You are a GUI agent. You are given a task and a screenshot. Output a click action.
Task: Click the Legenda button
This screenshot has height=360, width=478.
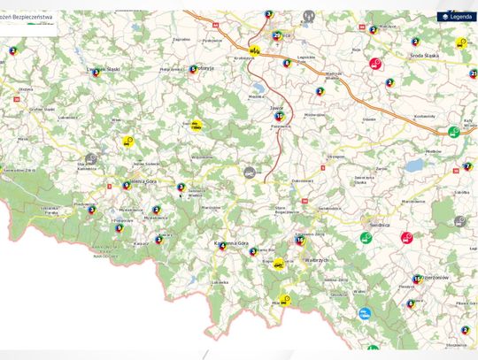point(456,17)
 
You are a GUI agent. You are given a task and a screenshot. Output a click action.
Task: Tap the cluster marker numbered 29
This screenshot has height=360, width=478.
point(277,36)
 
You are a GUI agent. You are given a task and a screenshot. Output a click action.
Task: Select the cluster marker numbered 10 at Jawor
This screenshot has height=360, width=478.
point(280,116)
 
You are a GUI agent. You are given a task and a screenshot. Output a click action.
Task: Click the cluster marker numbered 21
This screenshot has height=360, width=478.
point(474,73)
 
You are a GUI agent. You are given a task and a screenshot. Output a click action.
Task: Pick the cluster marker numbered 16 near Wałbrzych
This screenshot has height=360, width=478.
point(300,240)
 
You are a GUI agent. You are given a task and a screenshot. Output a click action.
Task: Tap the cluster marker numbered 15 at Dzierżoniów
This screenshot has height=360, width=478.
point(417,280)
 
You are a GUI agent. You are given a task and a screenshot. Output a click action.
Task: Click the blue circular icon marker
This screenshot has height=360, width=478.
point(365,313)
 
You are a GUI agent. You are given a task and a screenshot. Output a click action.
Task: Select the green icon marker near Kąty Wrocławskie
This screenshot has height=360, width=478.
point(454,132)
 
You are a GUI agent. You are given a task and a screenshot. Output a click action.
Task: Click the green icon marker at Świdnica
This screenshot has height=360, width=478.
point(365,237)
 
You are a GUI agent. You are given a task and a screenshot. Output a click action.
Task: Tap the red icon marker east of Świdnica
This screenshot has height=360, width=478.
point(406,237)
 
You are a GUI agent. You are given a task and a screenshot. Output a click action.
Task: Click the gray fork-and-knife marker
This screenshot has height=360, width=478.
point(309,16)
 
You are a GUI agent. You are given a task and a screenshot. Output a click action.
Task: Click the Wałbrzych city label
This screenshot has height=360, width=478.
point(315,261)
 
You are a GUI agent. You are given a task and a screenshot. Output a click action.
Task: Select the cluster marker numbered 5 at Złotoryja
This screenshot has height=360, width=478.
point(193,69)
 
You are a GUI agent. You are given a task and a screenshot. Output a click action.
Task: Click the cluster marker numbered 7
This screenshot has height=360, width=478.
point(467,166)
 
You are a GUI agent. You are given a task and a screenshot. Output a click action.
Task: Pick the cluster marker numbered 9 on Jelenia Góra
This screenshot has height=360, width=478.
point(126,186)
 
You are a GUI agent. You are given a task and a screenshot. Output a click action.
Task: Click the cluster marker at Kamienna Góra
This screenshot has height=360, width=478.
point(221,246)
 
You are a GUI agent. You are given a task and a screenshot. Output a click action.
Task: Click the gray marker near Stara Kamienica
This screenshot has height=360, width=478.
point(91,158)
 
